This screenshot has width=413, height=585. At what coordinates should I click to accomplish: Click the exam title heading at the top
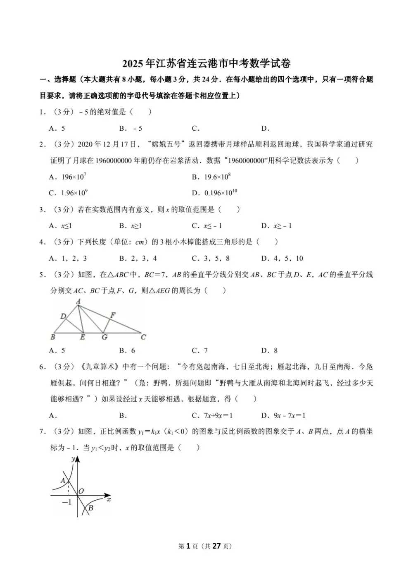click(x=206, y=63)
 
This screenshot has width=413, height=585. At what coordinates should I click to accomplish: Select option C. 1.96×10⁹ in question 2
click(x=68, y=193)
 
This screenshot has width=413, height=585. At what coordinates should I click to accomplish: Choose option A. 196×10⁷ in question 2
click(x=67, y=177)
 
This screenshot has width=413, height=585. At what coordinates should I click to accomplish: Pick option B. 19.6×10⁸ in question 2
click(x=211, y=177)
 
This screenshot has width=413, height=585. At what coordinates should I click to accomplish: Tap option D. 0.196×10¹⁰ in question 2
click(x=214, y=193)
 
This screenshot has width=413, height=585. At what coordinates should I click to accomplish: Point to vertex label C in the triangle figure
click(x=143, y=337)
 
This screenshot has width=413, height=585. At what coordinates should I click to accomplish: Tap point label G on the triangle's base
click(x=104, y=337)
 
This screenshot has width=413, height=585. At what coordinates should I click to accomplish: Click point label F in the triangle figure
click(x=113, y=315)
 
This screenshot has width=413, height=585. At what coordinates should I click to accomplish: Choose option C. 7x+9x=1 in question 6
click(x=212, y=415)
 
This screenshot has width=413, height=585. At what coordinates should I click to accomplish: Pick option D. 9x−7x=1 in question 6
click(x=283, y=415)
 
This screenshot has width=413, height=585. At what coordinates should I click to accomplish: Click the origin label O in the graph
click(x=81, y=491)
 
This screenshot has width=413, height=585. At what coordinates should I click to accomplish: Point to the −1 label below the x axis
click(x=66, y=502)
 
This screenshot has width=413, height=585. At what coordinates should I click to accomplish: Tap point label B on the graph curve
click(x=91, y=508)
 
